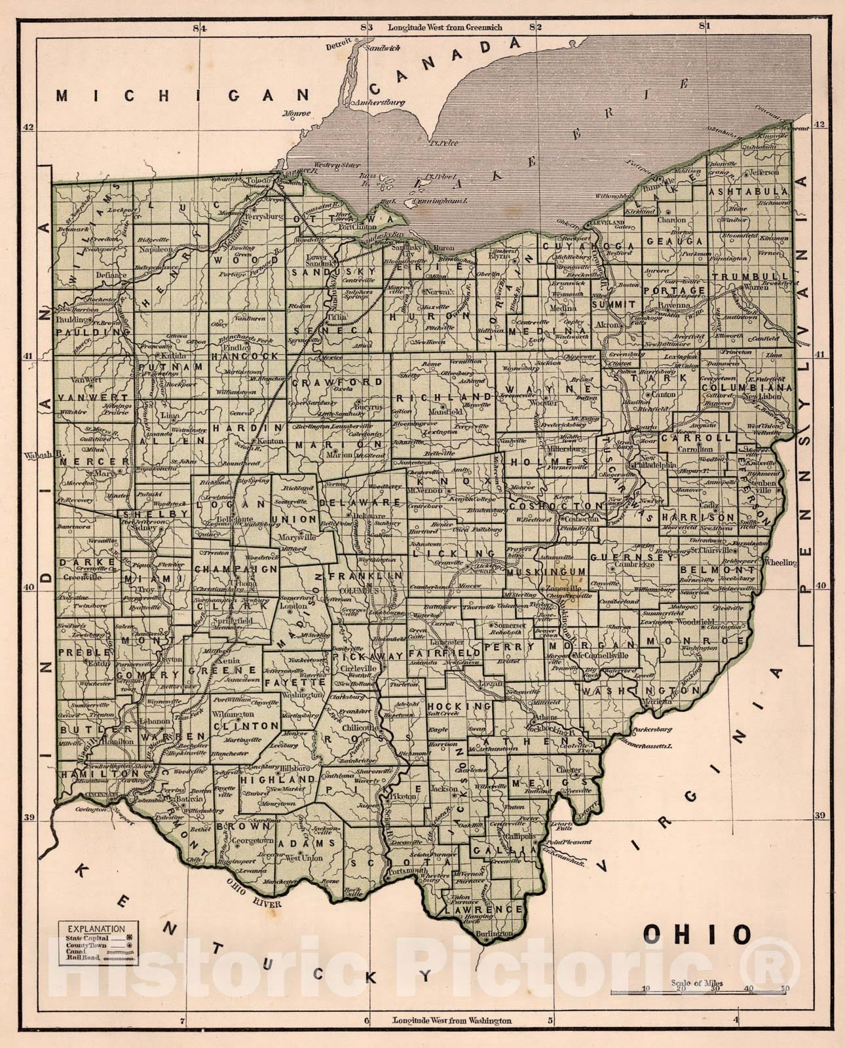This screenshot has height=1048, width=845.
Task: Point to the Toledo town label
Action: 256,179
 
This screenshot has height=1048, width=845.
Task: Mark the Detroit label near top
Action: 339,47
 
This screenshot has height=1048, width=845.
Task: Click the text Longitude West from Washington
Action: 451,1020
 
